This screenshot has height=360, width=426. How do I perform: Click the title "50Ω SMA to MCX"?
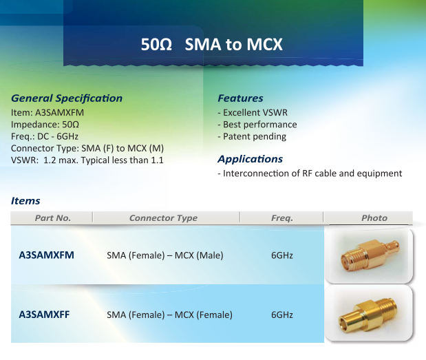[x=212, y=44]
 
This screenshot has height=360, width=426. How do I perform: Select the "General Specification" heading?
[x=67, y=98]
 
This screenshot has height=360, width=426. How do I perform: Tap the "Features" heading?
[x=240, y=98]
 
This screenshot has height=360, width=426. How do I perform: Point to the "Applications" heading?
[x=251, y=159]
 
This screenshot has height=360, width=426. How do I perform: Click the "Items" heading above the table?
[x=25, y=201]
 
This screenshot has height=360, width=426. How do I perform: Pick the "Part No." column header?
[x=53, y=218]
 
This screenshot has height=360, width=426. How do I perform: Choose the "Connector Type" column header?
[x=163, y=218]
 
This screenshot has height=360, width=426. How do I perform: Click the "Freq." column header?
[x=282, y=218]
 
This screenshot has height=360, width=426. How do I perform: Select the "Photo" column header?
[x=374, y=218]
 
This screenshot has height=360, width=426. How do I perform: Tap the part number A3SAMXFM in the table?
[x=47, y=255]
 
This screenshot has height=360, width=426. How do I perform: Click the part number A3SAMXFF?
[x=44, y=315]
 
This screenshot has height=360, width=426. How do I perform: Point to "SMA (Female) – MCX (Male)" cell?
[x=165, y=255]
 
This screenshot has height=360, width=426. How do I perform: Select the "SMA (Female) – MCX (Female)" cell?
[x=169, y=315]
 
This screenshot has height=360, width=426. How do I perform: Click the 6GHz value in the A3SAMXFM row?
[x=282, y=255]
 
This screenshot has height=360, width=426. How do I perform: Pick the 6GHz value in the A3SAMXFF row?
[x=282, y=315]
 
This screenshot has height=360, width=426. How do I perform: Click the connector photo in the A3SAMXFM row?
[x=369, y=255]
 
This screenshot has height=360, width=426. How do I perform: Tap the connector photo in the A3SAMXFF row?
[x=369, y=313]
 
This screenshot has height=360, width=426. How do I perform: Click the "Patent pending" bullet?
[x=252, y=136]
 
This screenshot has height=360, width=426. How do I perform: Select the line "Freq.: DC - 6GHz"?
[x=45, y=136]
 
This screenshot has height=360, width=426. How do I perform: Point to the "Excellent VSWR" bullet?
[x=253, y=112]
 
